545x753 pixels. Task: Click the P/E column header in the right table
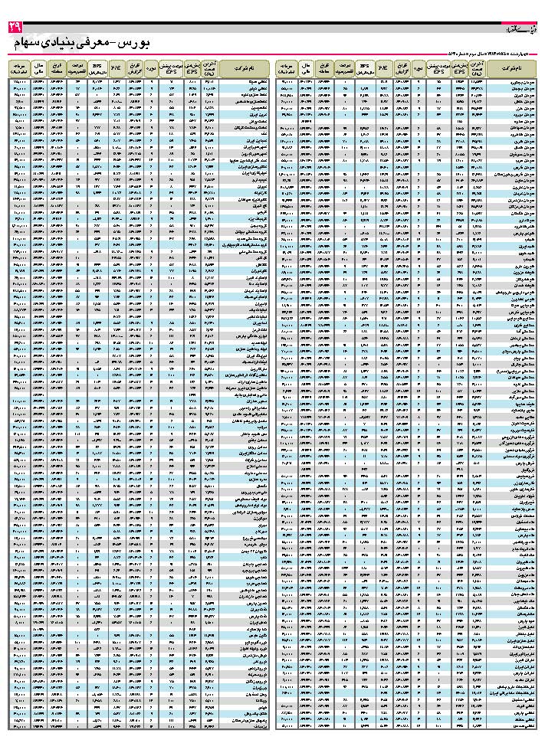382,70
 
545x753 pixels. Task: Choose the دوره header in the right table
419,70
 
